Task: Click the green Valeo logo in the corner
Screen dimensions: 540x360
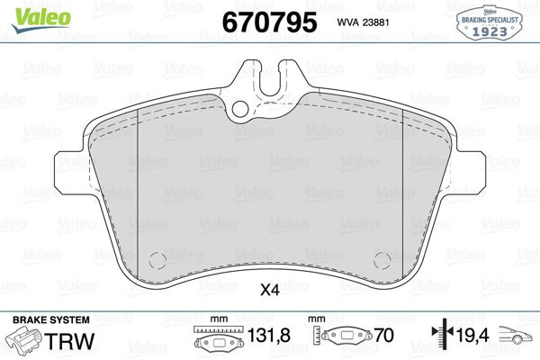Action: (x=41, y=20)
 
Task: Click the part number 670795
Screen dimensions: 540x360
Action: (x=269, y=22)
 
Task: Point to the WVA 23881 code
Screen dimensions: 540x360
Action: (x=363, y=22)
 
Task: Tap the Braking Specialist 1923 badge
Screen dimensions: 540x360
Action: (x=490, y=22)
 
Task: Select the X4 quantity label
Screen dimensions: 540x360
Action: (x=270, y=291)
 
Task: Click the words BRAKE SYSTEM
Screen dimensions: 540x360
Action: (x=51, y=320)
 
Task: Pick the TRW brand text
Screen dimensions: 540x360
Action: (x=69, y=341)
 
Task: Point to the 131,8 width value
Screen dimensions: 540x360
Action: (x=269, y=335)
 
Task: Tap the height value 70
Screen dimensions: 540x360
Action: (x=384, y=335)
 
